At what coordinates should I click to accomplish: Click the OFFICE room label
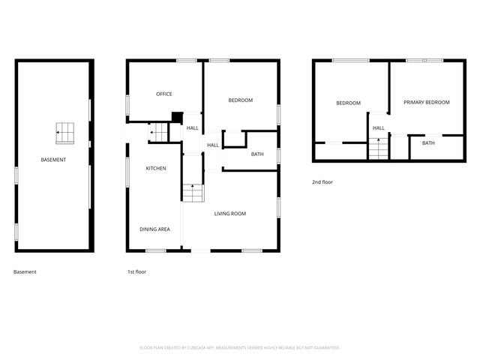pos(164,94)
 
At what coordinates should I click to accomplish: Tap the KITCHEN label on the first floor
pos(156,168)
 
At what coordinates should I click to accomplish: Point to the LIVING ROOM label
pos(230,214)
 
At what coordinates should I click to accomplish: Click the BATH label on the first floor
pos(257,154)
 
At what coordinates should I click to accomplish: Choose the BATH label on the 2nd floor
pos(428,142)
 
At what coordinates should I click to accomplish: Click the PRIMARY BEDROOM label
pos(427,102)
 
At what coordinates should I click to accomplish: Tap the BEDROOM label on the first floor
pos(241,100)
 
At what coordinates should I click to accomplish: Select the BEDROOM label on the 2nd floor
pos(348,103)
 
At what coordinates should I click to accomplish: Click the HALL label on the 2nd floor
pos(379,127)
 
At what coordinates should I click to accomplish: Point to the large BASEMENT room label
pos(53,160)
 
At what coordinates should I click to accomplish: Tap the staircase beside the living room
pos(193,193)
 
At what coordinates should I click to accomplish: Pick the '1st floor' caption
pos(136,272)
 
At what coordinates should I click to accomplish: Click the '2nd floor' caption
pos(322,182)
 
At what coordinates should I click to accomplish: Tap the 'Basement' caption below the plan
pos(25,272)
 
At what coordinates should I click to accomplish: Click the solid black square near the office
pos(177,116)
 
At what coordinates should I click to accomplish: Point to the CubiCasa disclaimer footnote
pos(240,347)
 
